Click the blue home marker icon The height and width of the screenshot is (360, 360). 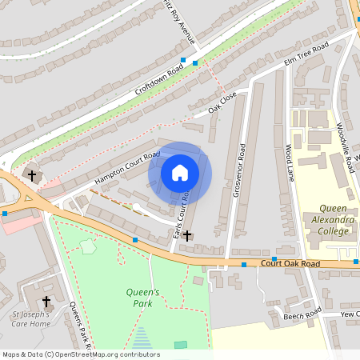point(180,172)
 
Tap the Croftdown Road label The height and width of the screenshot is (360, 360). point(159,81)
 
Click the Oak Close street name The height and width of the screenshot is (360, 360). point(223,102)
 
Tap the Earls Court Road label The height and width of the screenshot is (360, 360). point(181,215)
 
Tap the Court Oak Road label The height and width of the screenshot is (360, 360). point(290,263)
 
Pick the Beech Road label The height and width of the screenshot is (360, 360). point(302,317)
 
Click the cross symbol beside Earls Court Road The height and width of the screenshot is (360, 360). point(187,235)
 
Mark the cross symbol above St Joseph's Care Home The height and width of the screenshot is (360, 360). point(46,302)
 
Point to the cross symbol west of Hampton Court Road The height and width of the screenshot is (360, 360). point(32,174)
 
